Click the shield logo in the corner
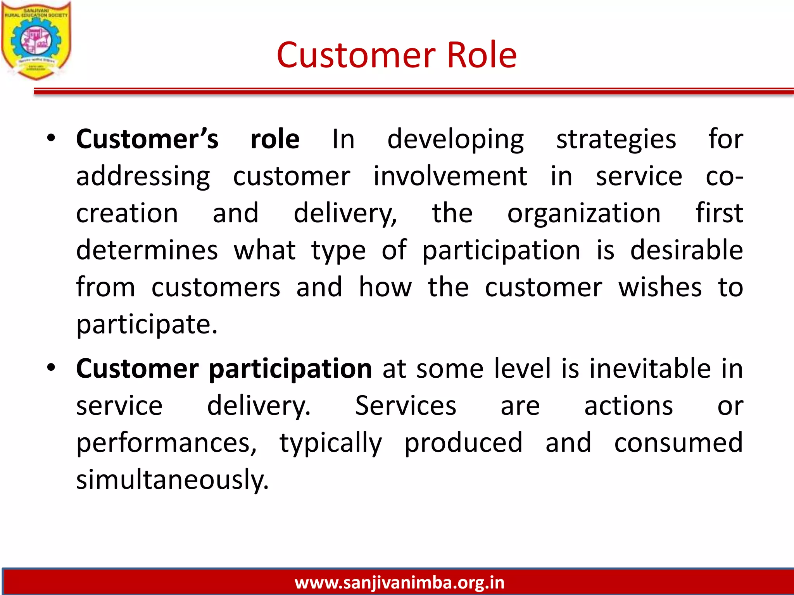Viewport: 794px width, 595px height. pos(36,41)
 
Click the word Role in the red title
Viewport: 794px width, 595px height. pos(482,55)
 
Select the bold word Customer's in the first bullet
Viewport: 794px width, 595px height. pos(147,139)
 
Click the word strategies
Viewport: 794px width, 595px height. pos(616,139)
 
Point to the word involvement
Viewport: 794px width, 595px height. pos(450,176)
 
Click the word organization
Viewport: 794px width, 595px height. pos(584,213)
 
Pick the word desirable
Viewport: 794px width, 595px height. pos(686,250)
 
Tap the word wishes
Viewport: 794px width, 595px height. pos(660,287)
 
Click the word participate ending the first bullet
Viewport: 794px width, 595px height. pos(147,325)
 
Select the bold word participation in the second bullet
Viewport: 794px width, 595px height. pos(290,369)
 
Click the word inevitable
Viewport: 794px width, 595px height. pos(650,368)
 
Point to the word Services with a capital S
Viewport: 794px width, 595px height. pos(406,406)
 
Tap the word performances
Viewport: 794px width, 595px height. pos(166,443)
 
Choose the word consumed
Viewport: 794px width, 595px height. pos(678,442)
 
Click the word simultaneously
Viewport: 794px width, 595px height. pos(172,480)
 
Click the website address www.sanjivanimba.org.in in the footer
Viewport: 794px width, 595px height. pos(399,582)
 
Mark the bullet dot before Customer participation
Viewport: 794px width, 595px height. pos(51,368)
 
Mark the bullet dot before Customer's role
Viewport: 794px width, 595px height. pos(51,138)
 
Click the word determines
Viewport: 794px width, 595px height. pos(147,250)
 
